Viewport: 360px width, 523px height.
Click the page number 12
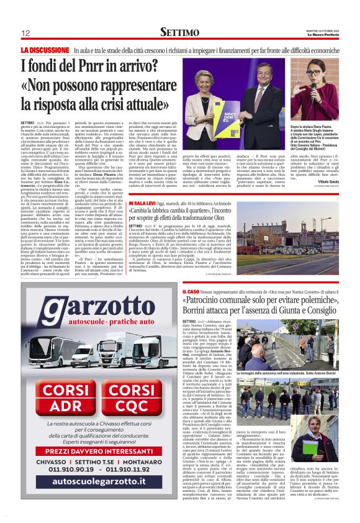click(25, 32)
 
